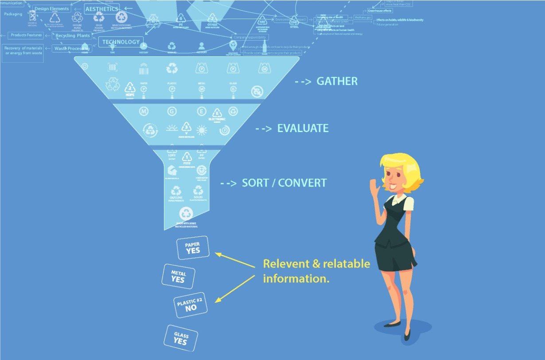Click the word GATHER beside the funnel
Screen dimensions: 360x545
pos(337,82)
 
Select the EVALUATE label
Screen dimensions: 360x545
pos(303,129)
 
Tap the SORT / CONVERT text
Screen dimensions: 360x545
pos(284,183)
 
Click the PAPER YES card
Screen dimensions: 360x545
pos(193,248)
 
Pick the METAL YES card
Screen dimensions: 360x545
pos(178,276)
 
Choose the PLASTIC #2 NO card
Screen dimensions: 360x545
pos(190,305)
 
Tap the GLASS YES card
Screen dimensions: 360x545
pos(181,338)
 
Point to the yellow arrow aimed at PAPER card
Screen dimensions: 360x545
pos(235,261)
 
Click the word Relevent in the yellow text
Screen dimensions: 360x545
pos(285,264)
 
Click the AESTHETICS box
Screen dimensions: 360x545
pos(101,9)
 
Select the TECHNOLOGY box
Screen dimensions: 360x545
pos(121,42)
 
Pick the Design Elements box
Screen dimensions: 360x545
pos(51,8)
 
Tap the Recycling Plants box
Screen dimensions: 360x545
pos(72,35)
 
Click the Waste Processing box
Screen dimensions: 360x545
pos(72,48)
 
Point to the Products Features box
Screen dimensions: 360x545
pos(26,35)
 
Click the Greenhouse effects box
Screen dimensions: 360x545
pos(379,10)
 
